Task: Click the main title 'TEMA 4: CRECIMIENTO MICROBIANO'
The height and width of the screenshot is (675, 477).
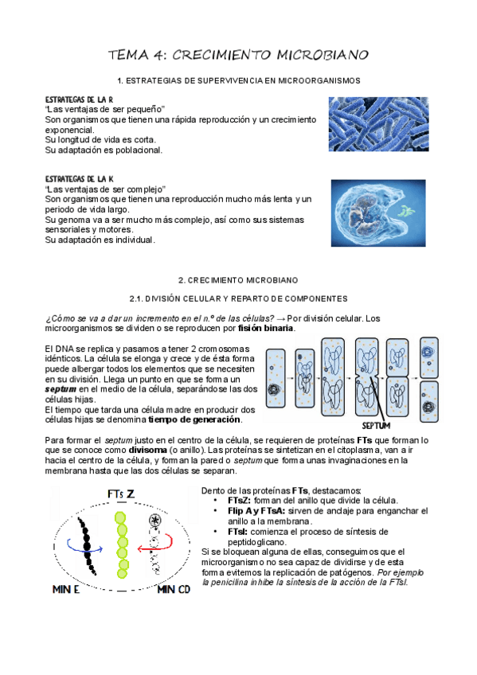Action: [238, 55]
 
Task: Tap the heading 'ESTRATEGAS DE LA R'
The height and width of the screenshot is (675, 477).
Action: [79, 99]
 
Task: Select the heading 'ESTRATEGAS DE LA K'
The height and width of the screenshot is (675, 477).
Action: [79, 179]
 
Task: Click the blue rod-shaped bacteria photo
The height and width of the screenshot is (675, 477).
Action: [378, 124]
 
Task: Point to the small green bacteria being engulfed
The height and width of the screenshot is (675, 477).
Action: [405, 211]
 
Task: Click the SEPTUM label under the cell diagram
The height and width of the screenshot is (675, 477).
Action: [376, 426]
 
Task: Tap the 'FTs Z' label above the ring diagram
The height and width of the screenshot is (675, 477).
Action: [121, 494]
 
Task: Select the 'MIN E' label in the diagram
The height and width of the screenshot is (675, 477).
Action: [66, 589]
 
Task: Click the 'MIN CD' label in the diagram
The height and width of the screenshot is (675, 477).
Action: [174, 589]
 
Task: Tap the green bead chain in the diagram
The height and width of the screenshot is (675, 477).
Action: [122, 544]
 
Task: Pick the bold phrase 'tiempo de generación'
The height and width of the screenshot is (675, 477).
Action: [194, 419]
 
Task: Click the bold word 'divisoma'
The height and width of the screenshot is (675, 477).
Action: [147, 451]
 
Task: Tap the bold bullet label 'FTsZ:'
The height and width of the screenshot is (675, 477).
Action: [240, 501]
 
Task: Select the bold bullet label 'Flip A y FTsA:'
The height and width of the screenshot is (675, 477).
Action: [256, 511]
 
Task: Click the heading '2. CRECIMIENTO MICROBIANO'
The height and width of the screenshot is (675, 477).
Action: [238, 281]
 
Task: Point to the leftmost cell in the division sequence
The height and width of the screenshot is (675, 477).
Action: [276, 378]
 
